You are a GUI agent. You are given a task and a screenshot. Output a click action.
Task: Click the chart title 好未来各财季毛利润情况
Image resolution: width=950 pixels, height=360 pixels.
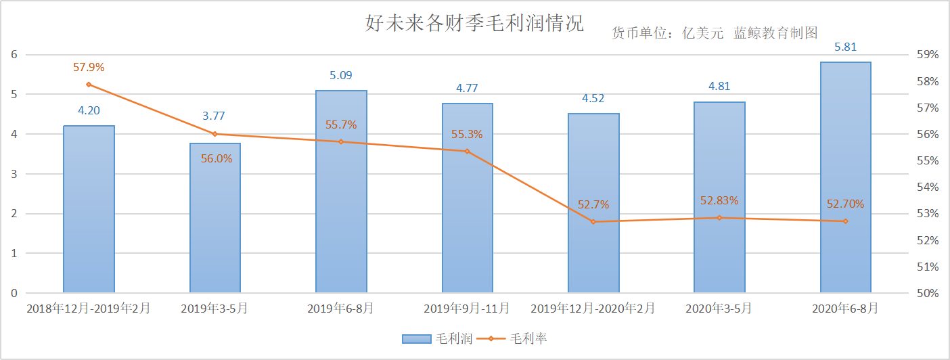[474, 24]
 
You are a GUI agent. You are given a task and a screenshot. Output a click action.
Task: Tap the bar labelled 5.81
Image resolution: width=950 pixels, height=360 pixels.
[845, 177]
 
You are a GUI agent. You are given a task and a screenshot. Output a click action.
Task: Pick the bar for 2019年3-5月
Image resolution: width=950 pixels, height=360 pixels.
[215, 218]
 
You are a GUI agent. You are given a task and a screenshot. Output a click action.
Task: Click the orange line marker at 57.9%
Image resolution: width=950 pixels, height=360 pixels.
[89, 85]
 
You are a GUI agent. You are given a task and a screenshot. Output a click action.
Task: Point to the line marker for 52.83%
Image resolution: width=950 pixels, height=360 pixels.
[719, 218]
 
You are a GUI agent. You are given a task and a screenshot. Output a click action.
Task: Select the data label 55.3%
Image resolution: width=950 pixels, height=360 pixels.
[467, 134]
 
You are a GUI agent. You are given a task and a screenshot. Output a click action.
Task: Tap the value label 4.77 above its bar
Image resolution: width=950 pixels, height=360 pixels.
[467, 88]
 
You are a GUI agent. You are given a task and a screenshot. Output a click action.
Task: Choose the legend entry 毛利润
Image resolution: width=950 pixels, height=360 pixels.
[437, 338]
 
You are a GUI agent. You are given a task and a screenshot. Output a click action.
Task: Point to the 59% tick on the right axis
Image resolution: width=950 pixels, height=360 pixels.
[928, 55]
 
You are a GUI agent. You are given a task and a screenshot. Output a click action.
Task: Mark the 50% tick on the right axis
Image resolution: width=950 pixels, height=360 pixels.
[928, 294]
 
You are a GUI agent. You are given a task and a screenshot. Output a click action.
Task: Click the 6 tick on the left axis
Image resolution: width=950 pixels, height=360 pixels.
[13, 55]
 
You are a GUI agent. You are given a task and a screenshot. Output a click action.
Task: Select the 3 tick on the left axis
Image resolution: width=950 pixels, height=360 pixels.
[13, 174]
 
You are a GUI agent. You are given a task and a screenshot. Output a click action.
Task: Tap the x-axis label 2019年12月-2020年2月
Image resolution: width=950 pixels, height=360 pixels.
[593, 309]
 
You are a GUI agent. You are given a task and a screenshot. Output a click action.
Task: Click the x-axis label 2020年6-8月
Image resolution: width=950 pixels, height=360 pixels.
[845, 309]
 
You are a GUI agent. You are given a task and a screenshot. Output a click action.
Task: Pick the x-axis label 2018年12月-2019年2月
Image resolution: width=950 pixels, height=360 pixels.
[89, 309]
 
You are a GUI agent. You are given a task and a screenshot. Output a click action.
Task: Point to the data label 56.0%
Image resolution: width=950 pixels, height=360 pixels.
[216, 158]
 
